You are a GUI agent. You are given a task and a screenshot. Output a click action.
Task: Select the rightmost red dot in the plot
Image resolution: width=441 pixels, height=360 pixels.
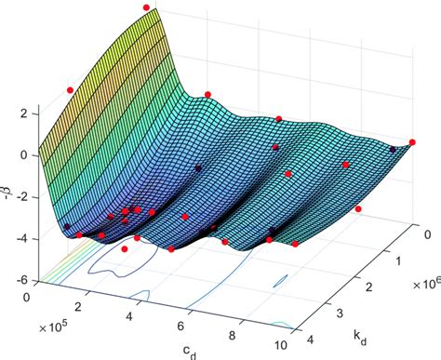pos(413,142)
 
